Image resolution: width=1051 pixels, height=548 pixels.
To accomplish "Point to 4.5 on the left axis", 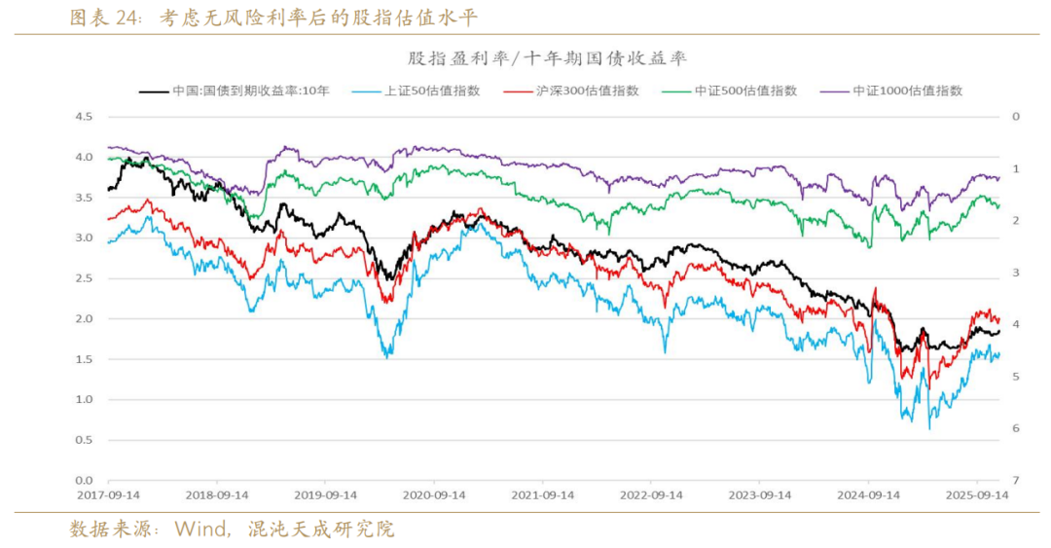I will pos(83,117).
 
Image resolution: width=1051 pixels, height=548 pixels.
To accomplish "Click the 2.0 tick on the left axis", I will pos(83,319).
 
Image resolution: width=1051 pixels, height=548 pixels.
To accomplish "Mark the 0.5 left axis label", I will pos(83,440).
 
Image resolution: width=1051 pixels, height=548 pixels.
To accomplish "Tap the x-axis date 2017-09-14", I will pos(109,495).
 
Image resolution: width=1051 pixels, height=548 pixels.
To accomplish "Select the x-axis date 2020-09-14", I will pos(435,495).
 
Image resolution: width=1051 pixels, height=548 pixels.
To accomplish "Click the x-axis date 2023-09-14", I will pos(761,495).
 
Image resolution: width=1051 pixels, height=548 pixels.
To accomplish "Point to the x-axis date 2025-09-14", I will pos(978,495).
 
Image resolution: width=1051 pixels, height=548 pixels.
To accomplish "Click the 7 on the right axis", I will pos(1015,481).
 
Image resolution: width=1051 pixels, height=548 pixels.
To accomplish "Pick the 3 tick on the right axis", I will pos(1015,273).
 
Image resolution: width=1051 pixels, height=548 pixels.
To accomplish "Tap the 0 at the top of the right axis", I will pos(1015,117).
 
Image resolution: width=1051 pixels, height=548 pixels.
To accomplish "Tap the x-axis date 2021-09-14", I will pos(544,495).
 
